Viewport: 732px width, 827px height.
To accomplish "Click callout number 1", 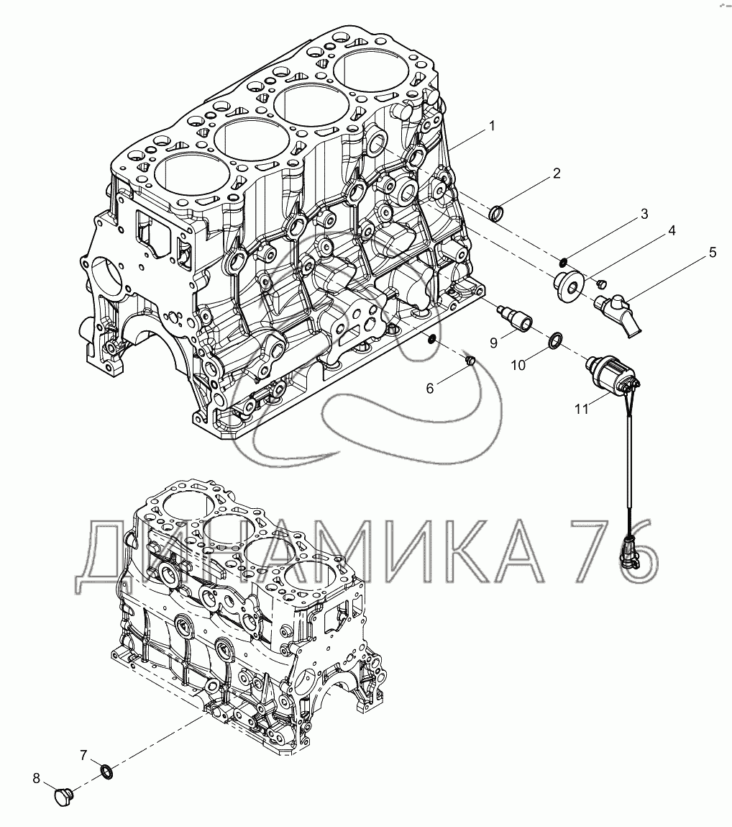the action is point(492,126).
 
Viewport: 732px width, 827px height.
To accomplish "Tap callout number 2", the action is point(556,173).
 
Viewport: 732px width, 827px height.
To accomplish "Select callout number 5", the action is point(713,252).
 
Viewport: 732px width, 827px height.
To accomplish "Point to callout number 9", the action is point(493,343).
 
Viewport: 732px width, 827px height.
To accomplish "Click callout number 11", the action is point(581,408).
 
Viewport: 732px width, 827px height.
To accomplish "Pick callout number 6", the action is point(429,388).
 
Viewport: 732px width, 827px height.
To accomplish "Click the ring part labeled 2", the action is point(498,214).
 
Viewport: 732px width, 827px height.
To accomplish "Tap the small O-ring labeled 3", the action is point(563,260).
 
